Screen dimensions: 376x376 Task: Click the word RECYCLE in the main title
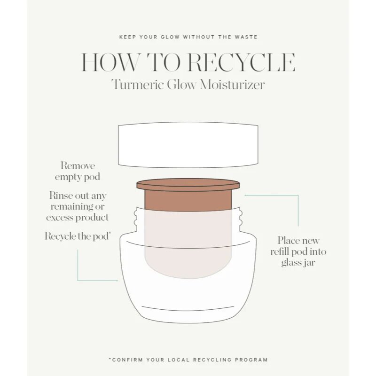241,63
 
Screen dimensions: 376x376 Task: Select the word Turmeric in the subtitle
137,85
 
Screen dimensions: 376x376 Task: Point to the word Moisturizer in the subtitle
232,85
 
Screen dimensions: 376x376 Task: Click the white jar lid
188,145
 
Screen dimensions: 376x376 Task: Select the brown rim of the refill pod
188,185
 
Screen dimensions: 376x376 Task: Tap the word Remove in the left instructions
78,166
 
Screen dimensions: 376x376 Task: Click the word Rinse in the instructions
61,196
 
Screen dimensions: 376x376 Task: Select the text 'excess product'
77,218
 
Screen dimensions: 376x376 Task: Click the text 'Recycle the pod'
78,236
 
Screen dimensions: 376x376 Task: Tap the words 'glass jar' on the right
298,263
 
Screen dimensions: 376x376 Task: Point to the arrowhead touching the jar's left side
117,280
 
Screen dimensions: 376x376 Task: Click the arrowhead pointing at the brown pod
245,196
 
